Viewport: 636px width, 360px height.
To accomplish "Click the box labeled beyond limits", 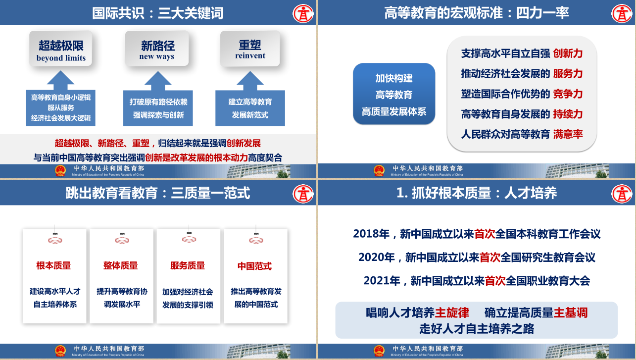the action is point(61,49).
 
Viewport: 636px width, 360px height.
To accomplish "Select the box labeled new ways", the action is point(157,49).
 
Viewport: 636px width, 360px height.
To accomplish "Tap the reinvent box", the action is point(250,49).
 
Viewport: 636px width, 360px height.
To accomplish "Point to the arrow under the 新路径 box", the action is point(158,81).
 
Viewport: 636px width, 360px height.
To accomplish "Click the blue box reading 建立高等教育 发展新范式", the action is point(250,108).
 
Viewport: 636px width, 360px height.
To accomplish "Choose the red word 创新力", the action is point(568,53).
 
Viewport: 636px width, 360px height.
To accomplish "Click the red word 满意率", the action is point(568,134).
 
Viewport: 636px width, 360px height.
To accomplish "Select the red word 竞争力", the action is point(568,94).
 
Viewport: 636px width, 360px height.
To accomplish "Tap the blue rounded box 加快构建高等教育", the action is point(394,94).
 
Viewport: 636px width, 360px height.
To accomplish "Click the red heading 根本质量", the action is point(53,265).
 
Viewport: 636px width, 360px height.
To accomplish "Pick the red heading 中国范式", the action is point(254,266).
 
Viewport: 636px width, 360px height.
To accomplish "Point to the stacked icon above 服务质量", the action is point(189,239).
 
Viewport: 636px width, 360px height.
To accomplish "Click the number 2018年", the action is point(371,234).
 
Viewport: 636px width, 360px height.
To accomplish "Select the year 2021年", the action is point(382,281).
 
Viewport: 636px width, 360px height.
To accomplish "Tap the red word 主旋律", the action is point(452,312).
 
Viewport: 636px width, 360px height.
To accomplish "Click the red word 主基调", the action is point(570,312).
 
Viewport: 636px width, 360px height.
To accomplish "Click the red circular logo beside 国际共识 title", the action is point(303,13).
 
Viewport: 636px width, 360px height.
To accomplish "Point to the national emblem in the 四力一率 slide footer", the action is point(379,171).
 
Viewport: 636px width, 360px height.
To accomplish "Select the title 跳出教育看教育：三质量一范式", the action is point(158,193).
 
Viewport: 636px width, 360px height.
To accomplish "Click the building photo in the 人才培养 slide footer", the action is point(577,351).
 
